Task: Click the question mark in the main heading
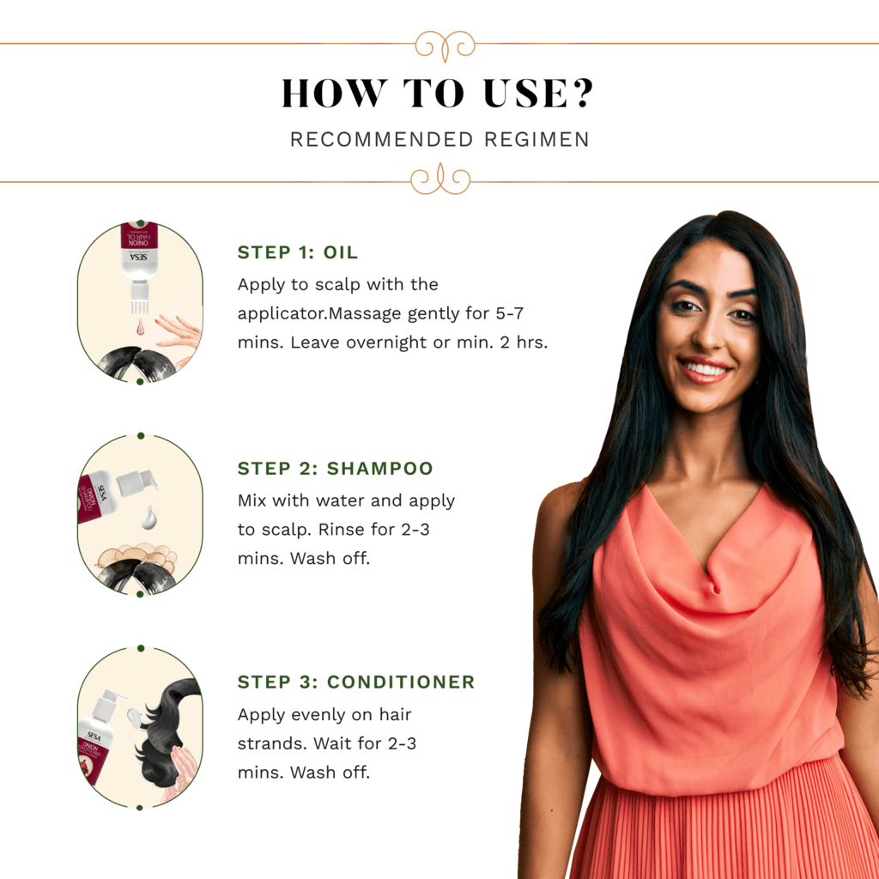[x=583, y=93]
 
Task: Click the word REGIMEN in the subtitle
[x=536, y=139]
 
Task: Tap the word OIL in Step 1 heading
[x=340, y=252]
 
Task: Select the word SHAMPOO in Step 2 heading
[x=380, y=468]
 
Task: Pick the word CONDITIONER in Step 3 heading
[x=401, y=682]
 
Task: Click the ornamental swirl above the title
[x=446, y=45]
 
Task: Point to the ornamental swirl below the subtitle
[x=440, y=179]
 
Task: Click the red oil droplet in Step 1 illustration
[x=140, y=327]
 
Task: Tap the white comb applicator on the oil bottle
[x=138, y=297]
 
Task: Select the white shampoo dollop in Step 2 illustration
[x=149, y=518]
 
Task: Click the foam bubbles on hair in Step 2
[x=137, y=555]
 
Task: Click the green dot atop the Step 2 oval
[x=141, y=435]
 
